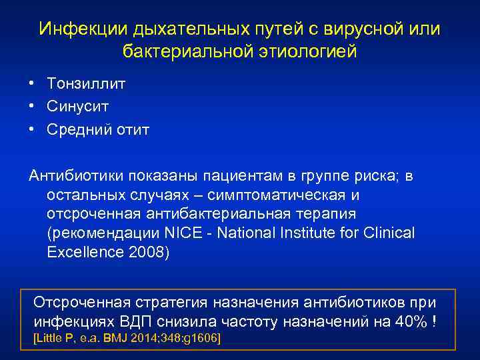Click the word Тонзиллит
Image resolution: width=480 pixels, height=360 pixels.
[x=86, y=84]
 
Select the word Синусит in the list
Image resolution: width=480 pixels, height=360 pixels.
[x=77, y=106]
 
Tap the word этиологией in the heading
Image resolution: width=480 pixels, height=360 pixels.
[x=312, y=51]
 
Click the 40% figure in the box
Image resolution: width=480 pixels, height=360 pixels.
[x=413, y=321]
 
